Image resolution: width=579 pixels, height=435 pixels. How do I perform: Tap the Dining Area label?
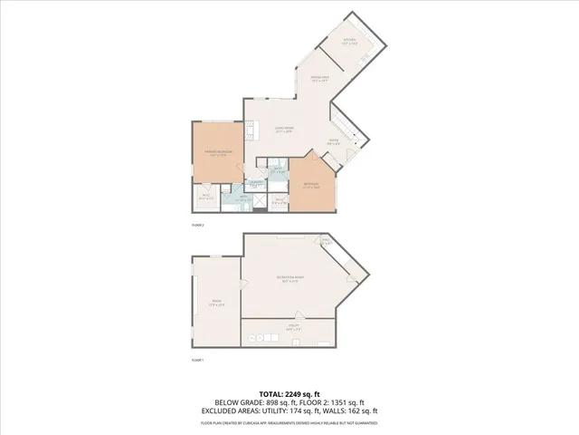coord(319,81)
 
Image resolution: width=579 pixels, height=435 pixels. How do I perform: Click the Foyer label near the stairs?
coord(333,141)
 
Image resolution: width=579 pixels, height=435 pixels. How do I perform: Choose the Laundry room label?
coord(256,185)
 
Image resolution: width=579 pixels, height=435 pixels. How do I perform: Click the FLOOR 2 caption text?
coord(198,224)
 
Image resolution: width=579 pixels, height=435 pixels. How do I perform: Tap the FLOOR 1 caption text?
coord(198,361)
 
